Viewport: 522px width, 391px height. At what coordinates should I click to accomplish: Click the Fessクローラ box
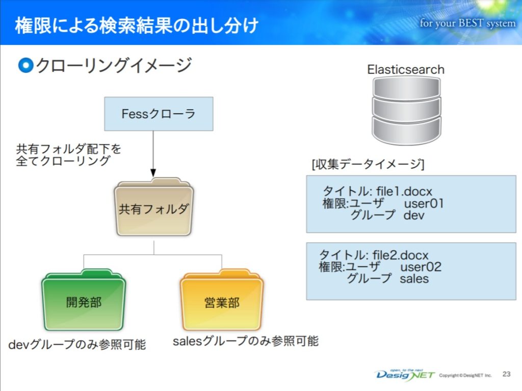click(x=159, y=114)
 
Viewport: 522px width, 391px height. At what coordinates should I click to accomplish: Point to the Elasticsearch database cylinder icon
click(x=406, y=110)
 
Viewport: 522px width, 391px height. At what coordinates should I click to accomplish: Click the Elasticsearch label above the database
click(x=406, y=69)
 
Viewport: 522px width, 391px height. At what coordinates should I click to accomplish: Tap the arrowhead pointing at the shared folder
click(x=153, y=173)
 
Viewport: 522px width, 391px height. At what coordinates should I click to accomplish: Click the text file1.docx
click(x=404, y=192)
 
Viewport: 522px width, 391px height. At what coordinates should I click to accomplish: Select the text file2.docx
click(x=401, y=254)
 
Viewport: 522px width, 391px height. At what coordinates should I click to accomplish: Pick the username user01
click(x=424, y=203)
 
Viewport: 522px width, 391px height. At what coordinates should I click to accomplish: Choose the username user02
click(x=421, y=267)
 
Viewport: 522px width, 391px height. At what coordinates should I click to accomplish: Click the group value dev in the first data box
click(x=414, y=215)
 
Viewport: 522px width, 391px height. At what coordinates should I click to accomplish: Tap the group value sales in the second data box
click(x=414, y=278)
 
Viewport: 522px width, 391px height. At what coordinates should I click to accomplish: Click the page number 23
click(x=506, y=374)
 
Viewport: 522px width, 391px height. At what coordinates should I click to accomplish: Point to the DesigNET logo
click(x=405, y=374)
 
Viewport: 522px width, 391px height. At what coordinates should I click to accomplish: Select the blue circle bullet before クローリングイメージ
click(x=25, y=65)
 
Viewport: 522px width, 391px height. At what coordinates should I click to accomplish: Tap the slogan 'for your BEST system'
click(x=467, y=24)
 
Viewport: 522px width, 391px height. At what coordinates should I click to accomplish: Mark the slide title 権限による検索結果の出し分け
click(x=137, y=25)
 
